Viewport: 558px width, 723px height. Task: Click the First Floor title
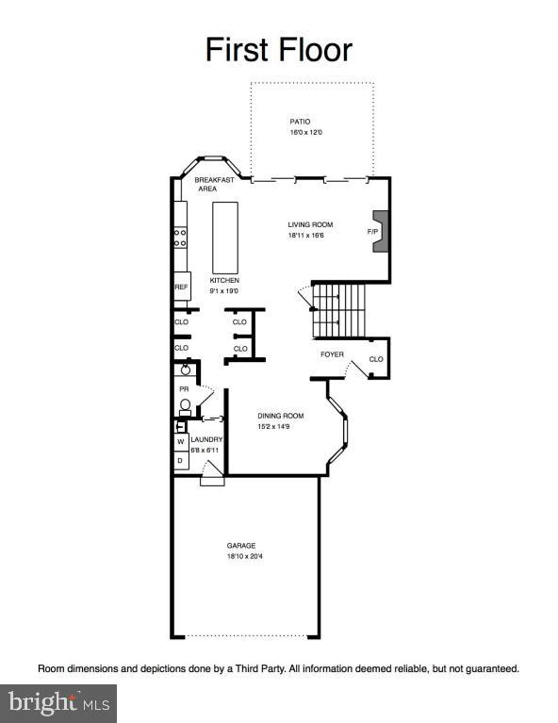click(278, 49)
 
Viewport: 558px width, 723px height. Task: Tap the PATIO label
click(300, 122)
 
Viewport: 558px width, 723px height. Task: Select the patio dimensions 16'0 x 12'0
click(305, 133)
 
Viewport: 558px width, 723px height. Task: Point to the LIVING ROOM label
click(310, 224)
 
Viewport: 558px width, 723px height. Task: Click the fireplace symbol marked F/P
click(380, 231)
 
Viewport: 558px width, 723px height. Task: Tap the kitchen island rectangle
click(224, 238)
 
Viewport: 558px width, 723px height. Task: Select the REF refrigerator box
click(181, 287)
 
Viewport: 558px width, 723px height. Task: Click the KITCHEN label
click(224, 280)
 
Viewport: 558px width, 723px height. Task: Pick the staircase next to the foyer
click(340, 309)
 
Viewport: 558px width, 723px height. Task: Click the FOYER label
click(332, 354)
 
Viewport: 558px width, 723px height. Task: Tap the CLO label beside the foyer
click(376, 359)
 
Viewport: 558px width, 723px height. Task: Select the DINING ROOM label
click(281, 416)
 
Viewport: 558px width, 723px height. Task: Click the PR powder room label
click(184, 388)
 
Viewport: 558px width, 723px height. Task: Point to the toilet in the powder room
click(186, 407)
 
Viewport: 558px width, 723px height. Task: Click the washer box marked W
click(180, 441)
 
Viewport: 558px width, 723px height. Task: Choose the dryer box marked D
click(180, 460)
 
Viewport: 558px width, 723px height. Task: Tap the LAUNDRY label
click(207, 439)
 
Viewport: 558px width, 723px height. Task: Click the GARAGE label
click(241, 546)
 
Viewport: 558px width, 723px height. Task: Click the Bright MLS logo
click(58, 702)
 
